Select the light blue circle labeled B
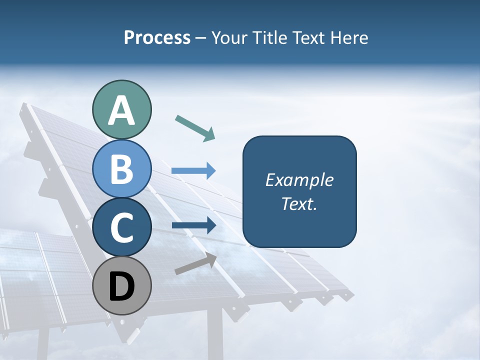(121, 168)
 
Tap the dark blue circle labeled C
(121, 227)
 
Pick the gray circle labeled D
(121, 286)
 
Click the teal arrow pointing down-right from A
(195, 127)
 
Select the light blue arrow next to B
(193, 171)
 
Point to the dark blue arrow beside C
(193, 225)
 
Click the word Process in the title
(157, 37)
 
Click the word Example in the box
(299, 180)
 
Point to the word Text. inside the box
(299, 203)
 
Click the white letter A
(121, 110)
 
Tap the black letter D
(121, 287)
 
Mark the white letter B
(121, 169)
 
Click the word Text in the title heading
(310, 37)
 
